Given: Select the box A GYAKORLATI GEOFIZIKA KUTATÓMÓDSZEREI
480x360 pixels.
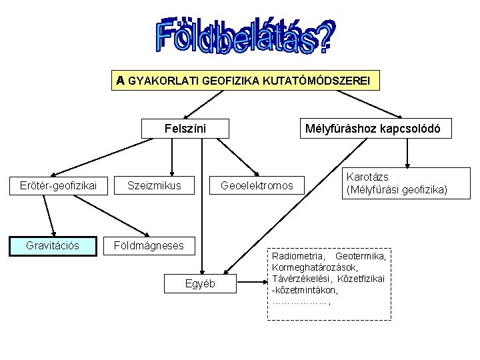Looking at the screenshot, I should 247,81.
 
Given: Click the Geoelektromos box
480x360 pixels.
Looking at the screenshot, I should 257,185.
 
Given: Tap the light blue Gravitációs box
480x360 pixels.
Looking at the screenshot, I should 53,245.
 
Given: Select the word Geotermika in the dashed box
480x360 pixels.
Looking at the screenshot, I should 360,256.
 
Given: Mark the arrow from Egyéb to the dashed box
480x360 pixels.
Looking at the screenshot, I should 250,283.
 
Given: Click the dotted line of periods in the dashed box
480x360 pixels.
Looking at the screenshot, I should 301,301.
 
